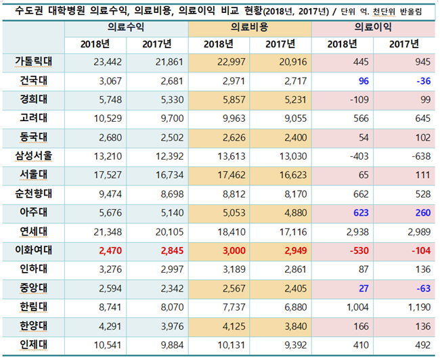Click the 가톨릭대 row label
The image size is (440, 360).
[34, 62]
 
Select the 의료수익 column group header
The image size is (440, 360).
[126, 27]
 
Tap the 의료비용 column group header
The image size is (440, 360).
[250, 27]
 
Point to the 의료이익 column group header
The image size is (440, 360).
[373, 27]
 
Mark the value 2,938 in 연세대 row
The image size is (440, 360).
[357, 232]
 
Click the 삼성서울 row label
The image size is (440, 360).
[34, 156]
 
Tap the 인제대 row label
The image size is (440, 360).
[34, 345]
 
